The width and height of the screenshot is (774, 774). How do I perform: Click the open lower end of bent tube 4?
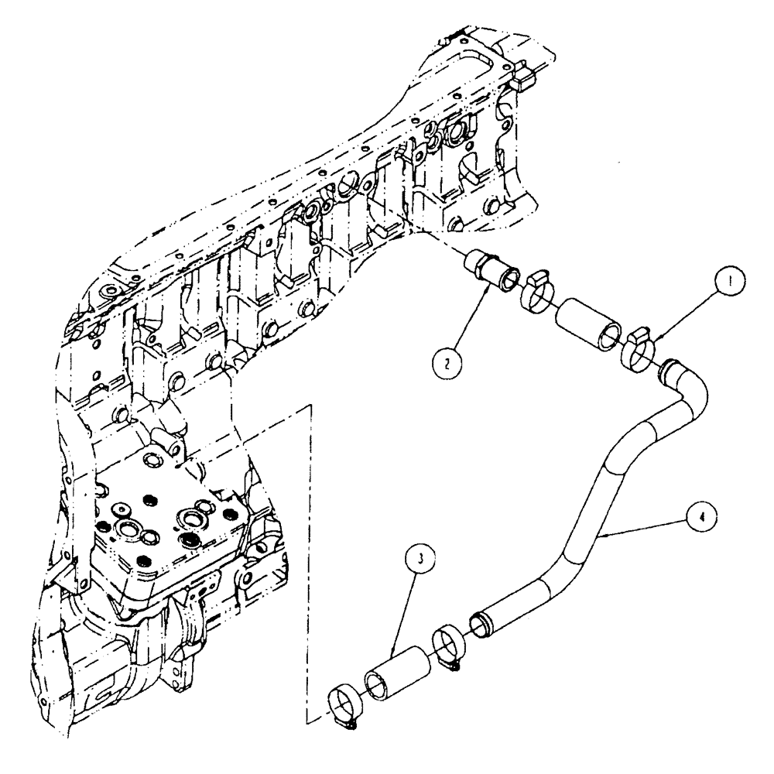(481, 621)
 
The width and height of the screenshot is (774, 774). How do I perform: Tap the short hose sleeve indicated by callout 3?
(398, 665)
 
